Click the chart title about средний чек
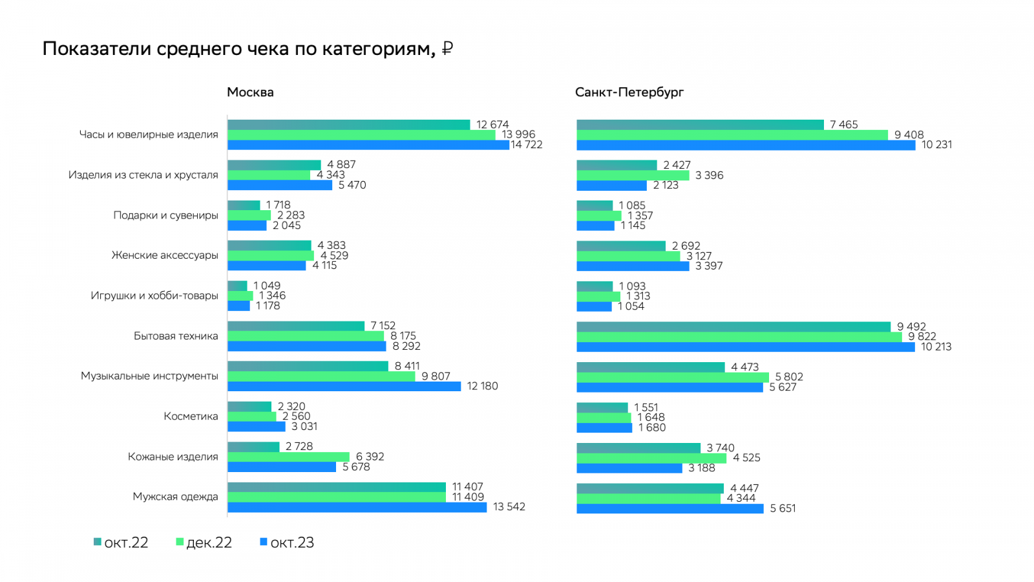pos(239,49)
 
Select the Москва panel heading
pos(250,92)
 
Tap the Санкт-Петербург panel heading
pos(629,92)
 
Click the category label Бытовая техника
pos(176,336)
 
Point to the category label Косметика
pos(191,416)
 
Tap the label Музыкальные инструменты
pos(149,376)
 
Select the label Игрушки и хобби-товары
pos(154,296)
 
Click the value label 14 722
pos(527,145)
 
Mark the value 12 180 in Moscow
pos(482,386)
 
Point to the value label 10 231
pos(936,145)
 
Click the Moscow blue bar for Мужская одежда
pos(357,508)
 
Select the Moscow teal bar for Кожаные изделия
pos(253,447)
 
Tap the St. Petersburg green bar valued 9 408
pos(732,135)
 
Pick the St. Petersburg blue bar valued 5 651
pos(670,509)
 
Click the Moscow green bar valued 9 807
pos(321,376)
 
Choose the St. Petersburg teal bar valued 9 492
pos(733,327)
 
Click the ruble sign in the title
pos(447,49)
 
